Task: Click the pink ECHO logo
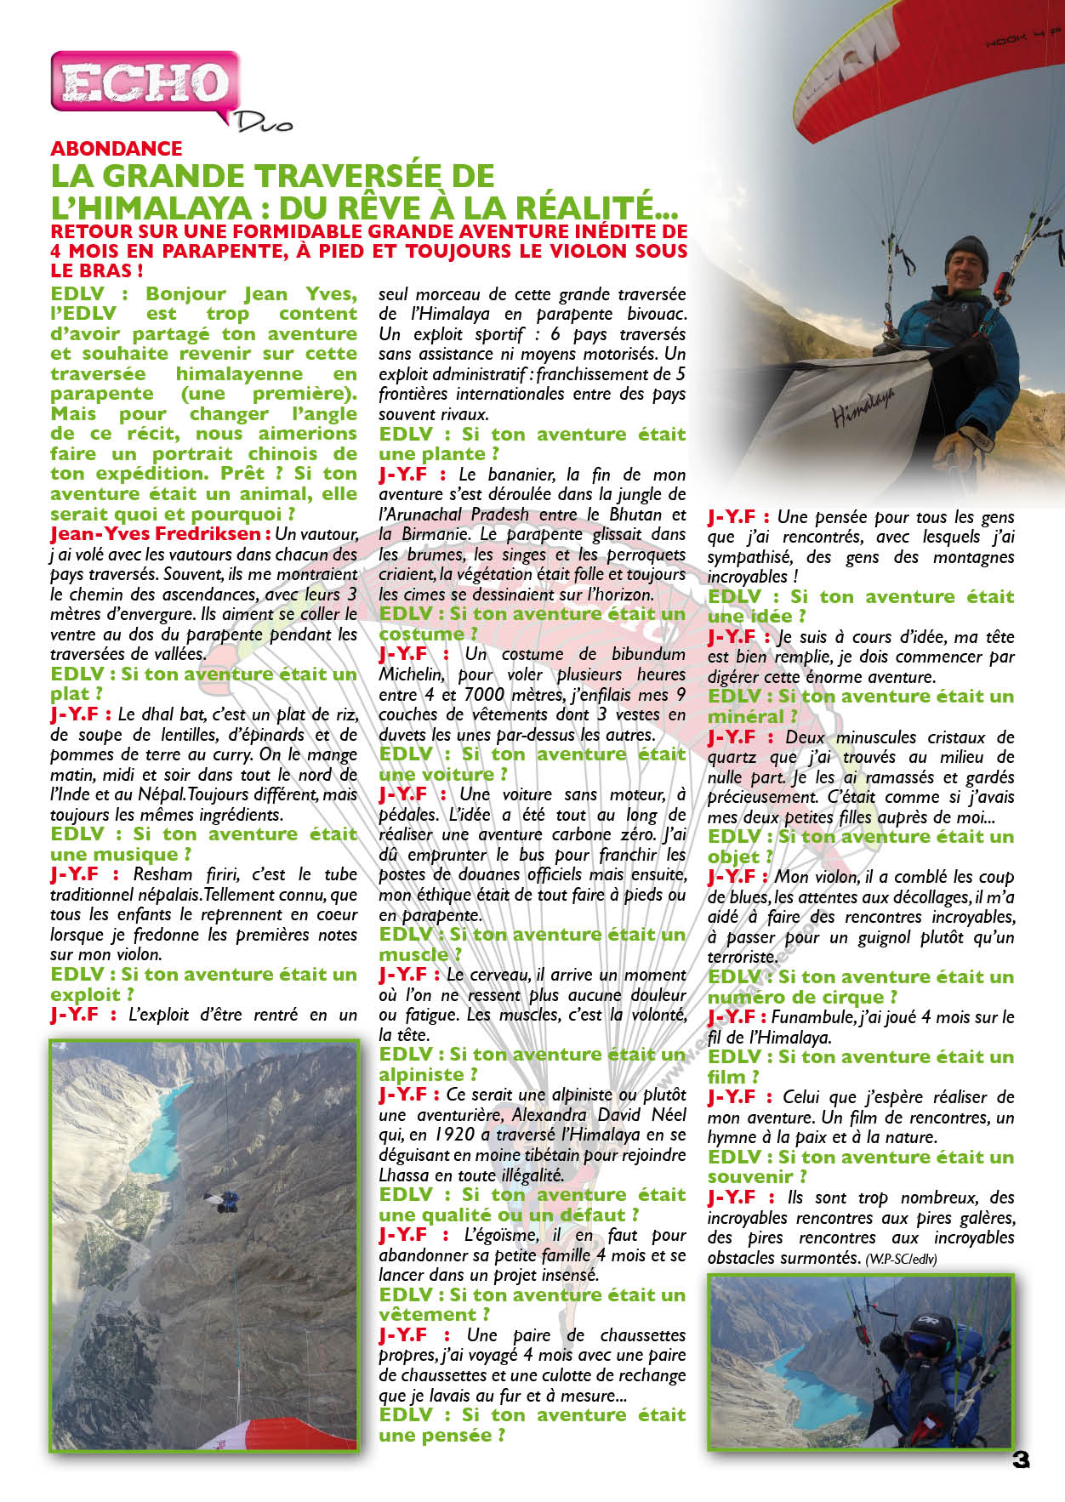point(143,84)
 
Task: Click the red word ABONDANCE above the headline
point(117,149)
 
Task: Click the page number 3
point(1021,1459)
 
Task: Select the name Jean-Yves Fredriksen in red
point(156,534)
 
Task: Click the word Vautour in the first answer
point(327,534)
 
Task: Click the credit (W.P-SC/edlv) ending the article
point(901,1259)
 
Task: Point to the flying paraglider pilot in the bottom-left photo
point(225,1200)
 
